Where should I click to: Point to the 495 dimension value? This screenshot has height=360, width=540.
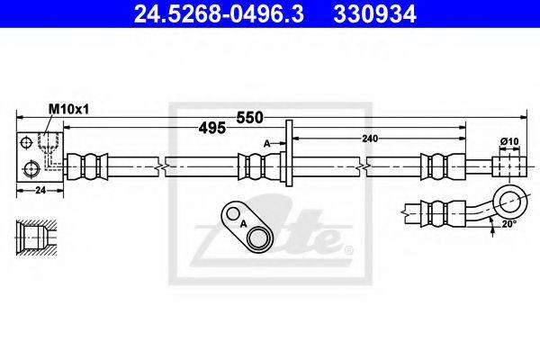click(x=213, y=128)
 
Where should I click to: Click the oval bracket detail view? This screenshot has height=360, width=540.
click(x=247, y=228)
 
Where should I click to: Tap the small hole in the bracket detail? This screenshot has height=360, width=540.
click(x=232, y=215)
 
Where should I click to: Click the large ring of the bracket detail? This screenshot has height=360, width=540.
click(x=257, y=238)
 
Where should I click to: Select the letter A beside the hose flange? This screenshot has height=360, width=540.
click(x=267, y=142)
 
